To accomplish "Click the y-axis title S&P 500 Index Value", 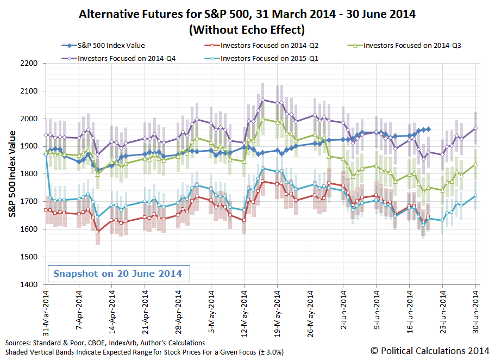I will tap(12, 174).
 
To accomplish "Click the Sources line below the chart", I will tap(105, 343).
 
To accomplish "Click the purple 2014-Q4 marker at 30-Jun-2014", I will tap(476, 128).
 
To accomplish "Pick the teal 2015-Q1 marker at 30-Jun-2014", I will tap(476, 196).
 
